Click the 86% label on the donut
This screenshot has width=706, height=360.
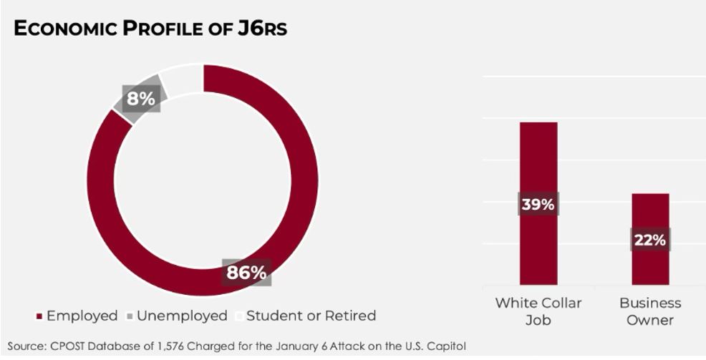(246, 273)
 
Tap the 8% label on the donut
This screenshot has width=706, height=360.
(140, 98)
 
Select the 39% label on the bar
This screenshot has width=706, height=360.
(538, 204)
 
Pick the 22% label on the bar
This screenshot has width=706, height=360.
(650, 240)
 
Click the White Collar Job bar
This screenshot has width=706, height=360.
(538, 157)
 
